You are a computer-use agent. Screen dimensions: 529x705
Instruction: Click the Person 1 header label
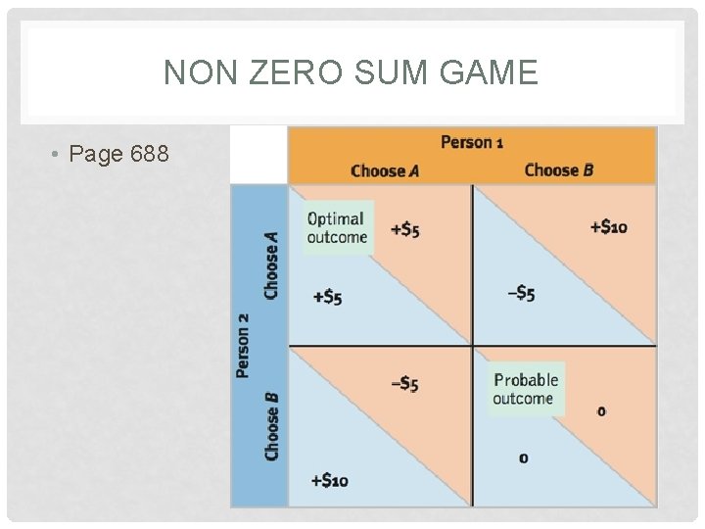[472, 142]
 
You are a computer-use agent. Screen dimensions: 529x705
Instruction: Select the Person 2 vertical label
[243, 345]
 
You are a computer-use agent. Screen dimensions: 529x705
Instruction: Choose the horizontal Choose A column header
[385, 170]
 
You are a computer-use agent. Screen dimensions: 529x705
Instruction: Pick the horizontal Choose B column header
[559, 170]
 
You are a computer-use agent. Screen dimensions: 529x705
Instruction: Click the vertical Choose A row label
[271, 264]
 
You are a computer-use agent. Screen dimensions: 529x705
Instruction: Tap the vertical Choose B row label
[271, 426]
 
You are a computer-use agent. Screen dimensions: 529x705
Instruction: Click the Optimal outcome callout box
[337, 227]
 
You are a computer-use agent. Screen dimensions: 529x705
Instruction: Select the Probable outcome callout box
[526, 389]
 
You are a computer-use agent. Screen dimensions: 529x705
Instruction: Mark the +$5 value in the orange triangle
[404, 230]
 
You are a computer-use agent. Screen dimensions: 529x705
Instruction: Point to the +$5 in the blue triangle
[327, 297]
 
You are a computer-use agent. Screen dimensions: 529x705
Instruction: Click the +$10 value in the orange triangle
[608, 227]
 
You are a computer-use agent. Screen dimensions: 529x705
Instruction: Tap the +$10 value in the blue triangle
[328, 480]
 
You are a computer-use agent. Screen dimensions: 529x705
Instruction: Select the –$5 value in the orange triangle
[404, 384]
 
